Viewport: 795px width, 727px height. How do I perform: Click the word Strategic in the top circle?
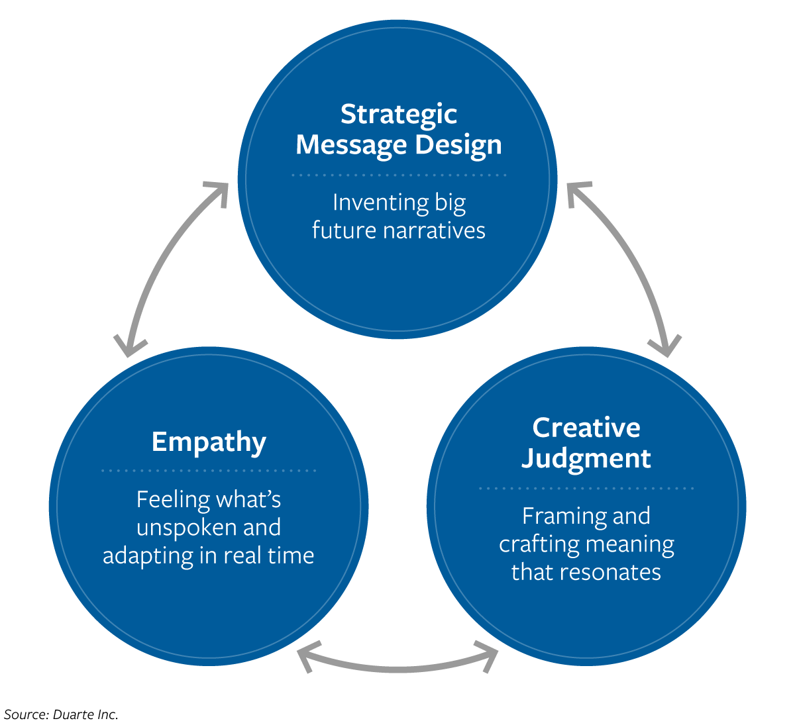(398, 115)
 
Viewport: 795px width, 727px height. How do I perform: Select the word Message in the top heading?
(350, 145)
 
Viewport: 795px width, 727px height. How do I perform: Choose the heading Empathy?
(209, 442)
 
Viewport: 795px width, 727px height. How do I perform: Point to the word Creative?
(586, 428)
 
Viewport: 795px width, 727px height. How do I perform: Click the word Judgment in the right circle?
(586, 458)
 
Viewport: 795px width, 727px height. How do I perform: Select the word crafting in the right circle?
(529, 544)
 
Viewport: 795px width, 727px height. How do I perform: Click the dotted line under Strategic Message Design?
(398, 175)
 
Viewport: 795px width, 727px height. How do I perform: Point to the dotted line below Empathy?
(209, 471)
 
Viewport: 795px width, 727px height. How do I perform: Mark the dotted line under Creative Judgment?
(586, 489)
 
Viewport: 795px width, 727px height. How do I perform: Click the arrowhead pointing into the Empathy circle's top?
(129, 346)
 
